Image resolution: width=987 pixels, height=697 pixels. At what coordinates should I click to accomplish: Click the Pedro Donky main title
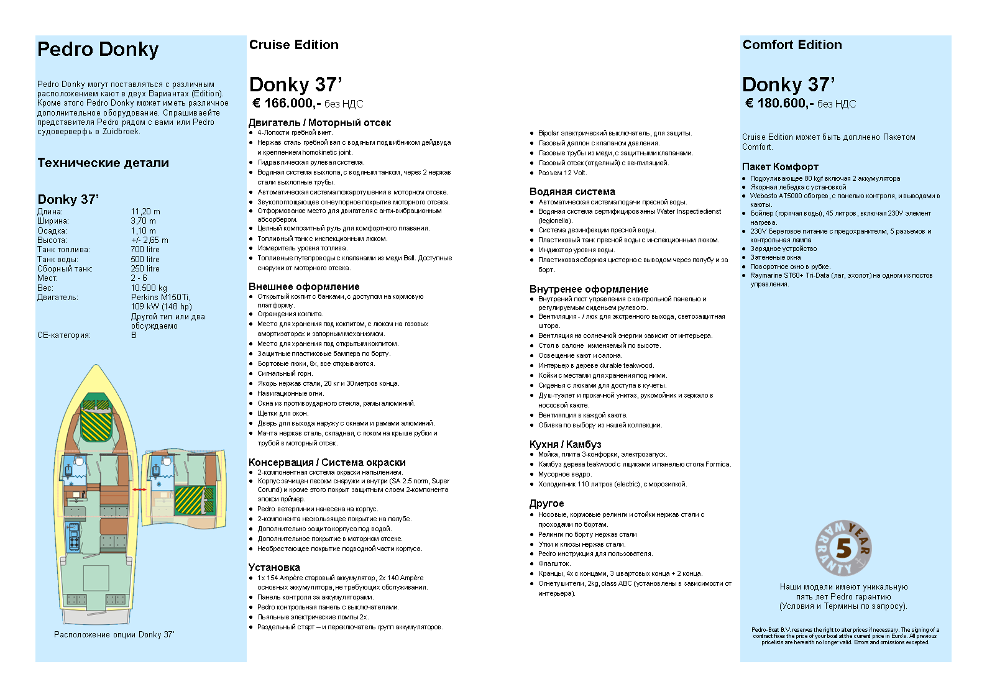[x=98, y=50]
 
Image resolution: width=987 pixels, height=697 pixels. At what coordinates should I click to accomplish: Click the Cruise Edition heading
[x=294, y=45]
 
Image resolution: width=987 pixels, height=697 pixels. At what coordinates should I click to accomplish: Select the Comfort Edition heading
[x=792, y=45]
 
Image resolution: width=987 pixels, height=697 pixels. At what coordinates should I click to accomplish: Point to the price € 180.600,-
[x=779, y=103]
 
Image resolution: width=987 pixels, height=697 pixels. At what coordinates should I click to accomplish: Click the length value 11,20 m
[x=145, y=212]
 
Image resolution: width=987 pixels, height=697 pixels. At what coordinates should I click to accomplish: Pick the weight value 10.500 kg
[x=149, y=288]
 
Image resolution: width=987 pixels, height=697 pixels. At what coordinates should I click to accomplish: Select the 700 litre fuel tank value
[x=145, y=250]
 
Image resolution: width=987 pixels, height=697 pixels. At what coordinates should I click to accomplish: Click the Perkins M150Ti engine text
[x=160, y=298]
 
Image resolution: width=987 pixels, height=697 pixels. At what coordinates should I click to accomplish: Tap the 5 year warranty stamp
[x=843, y=548]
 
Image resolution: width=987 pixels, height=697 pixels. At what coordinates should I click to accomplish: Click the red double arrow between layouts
[x=139, y=490]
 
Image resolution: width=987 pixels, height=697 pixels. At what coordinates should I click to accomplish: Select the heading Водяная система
[x=572, y=192]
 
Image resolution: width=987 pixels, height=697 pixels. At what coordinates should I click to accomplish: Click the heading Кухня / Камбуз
[x=565, y=444]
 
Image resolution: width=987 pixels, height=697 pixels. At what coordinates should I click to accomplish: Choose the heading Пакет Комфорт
[x=780, y=166]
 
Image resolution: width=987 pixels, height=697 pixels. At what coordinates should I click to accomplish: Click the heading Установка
[x=274, y=568]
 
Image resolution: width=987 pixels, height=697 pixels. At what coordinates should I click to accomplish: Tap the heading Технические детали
[x=103, y=163]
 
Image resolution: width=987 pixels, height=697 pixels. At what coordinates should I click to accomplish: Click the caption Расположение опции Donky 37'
[x=114, y=635]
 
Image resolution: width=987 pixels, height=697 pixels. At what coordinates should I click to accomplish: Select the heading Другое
[x=546, y=504]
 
